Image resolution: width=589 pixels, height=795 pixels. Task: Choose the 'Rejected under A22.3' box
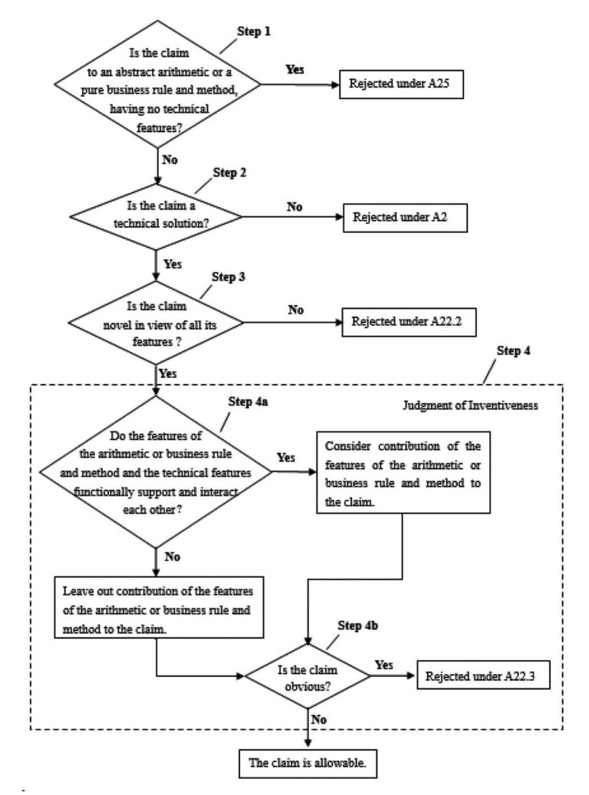[x=482, y=676]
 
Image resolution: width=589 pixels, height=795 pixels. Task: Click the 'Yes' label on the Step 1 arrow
[x=294, y=69]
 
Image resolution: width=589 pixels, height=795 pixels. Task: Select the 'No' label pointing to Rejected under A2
[x=294, y=206]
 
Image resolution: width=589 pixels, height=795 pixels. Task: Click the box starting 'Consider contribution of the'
[x=403, y=472]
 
